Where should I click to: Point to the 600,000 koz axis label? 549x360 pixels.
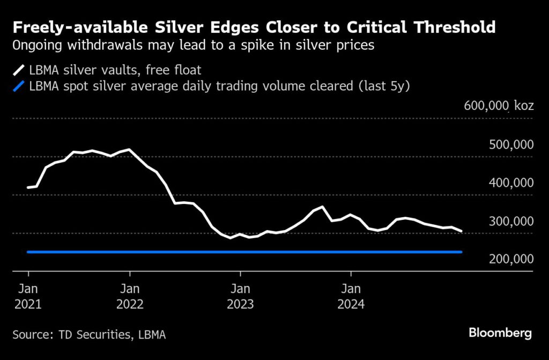499,106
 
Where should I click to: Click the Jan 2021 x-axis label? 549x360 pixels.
27,297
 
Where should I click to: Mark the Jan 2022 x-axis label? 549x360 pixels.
129,297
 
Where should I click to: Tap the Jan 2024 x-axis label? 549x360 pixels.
351,297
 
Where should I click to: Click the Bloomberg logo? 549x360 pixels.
500,333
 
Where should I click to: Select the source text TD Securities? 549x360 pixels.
97,335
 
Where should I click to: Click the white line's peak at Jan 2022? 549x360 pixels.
129,150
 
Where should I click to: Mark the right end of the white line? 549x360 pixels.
462,231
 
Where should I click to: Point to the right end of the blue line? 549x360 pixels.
462,252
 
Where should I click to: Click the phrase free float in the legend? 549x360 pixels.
189,69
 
